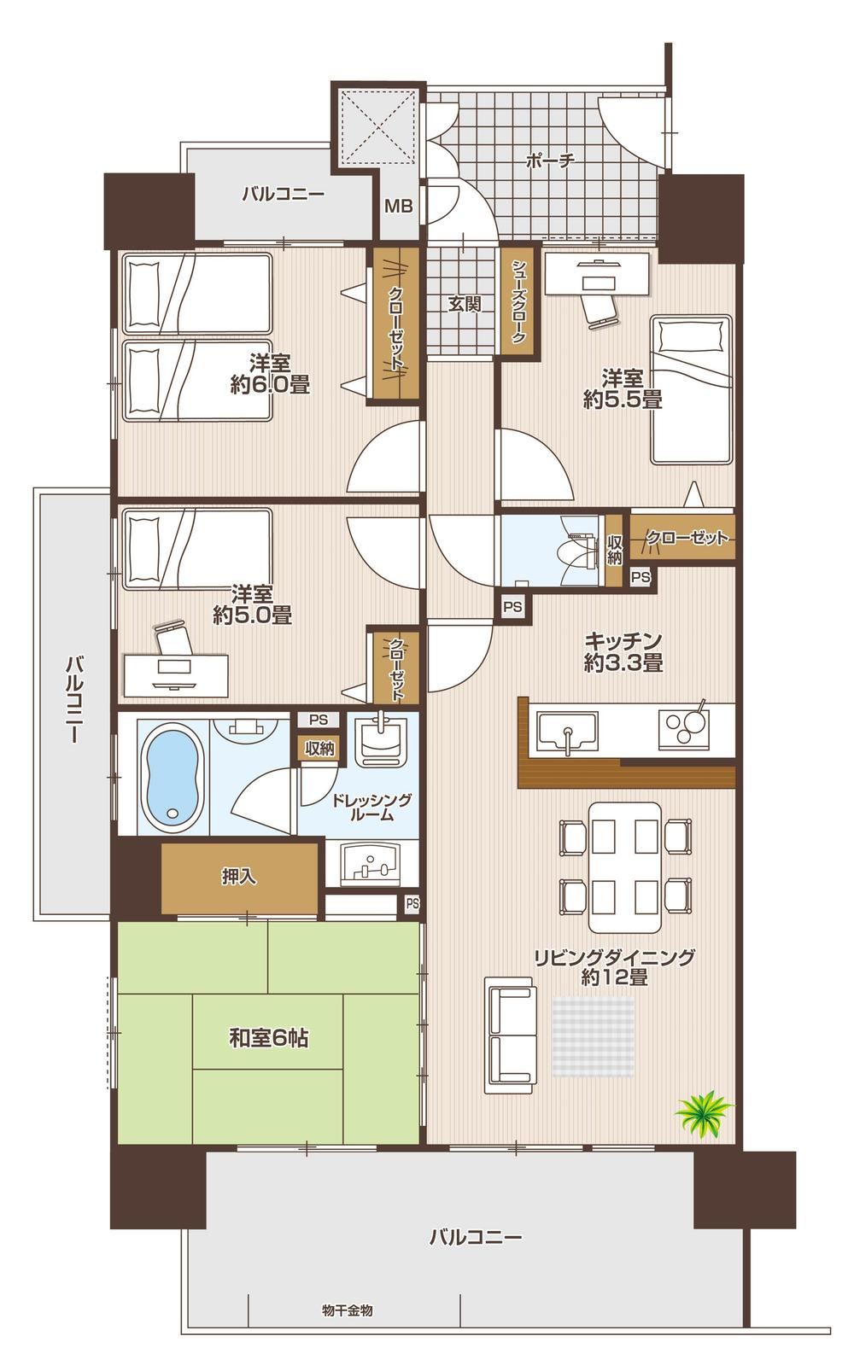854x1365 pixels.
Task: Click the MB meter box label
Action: point(397,206)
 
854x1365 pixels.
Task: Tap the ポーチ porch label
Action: point(550,161)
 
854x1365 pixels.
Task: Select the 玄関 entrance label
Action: point(464,304)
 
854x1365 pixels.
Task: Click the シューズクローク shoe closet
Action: point(518,301)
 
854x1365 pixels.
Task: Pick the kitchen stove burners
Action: point(687,726)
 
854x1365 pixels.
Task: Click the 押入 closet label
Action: point(238,877)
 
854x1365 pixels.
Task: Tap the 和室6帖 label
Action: point(268,1038)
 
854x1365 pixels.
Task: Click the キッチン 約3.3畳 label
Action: point(623,651)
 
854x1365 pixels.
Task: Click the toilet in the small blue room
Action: point(579,548)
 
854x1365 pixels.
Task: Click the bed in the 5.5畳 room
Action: point(691,389)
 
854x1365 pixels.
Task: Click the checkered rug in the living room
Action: point(594,1037)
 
